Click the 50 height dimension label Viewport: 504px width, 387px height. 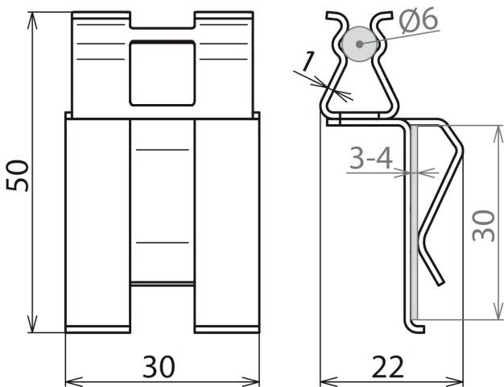tap(18, 173)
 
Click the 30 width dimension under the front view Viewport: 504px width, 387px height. tap(160, 368)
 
